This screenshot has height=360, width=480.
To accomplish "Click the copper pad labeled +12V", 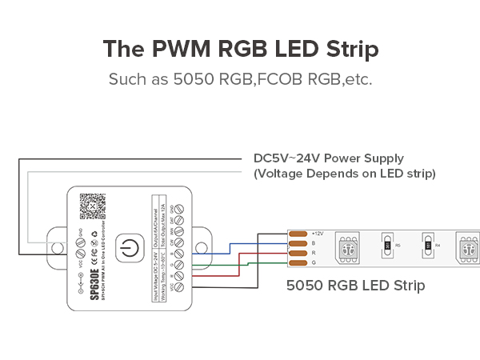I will (298, 233).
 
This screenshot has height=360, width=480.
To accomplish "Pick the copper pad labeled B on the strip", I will (298, 243).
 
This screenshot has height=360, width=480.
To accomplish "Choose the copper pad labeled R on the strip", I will (298, 253).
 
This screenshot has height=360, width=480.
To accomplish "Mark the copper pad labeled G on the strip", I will (298, 262).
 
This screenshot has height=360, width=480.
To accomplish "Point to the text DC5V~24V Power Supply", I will (329, 158).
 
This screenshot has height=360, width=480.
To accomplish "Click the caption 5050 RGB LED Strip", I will (355, 285).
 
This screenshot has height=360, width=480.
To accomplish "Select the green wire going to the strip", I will (240, 263).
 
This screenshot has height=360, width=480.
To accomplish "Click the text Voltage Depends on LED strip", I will (344, 173).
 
